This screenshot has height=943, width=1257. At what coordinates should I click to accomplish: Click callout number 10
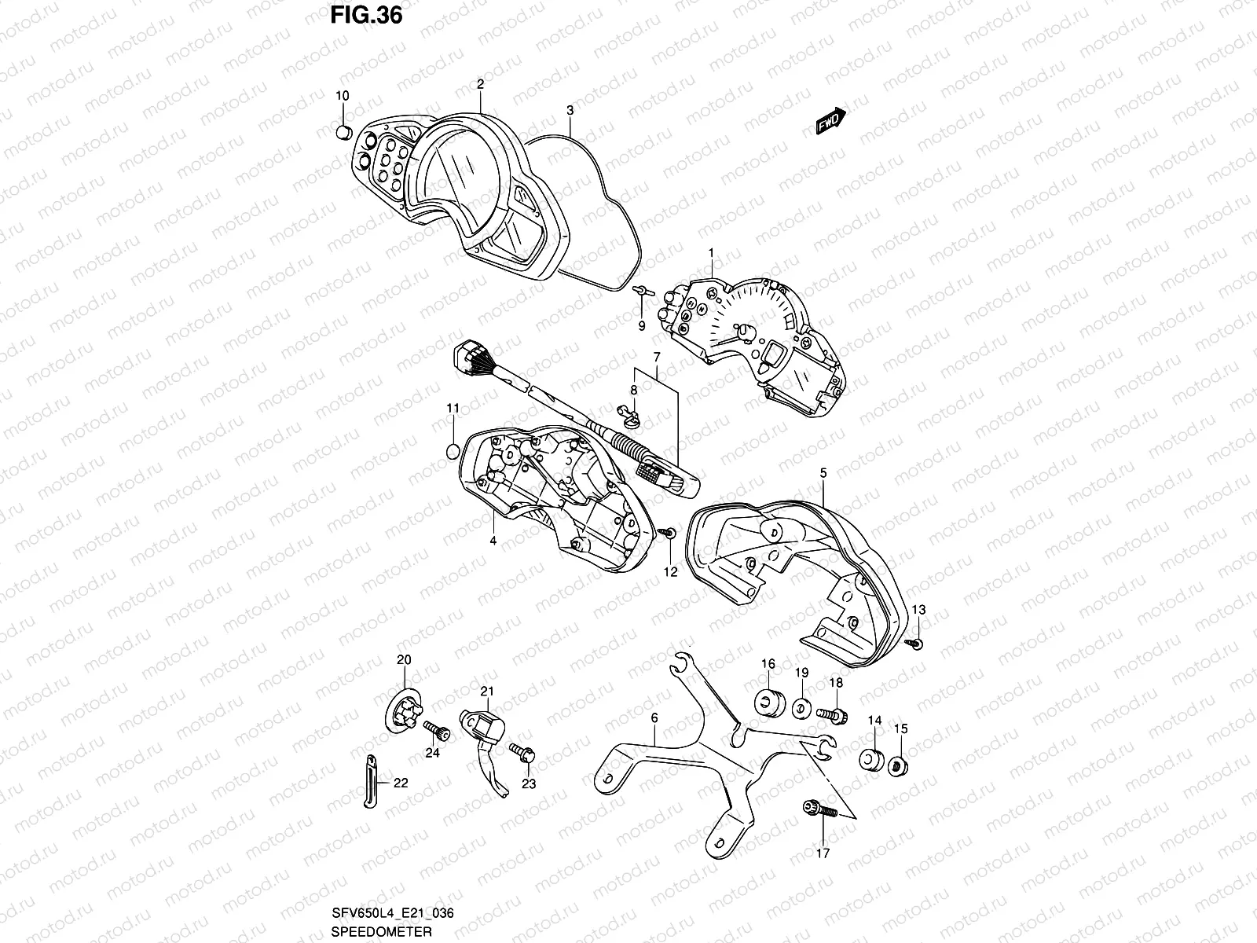coord(343,96)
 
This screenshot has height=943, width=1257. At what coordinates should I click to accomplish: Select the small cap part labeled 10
coord(343,130)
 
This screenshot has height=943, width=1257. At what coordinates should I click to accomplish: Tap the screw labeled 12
coord(669,534)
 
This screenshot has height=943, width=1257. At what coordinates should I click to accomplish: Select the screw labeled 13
coord(916,644)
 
